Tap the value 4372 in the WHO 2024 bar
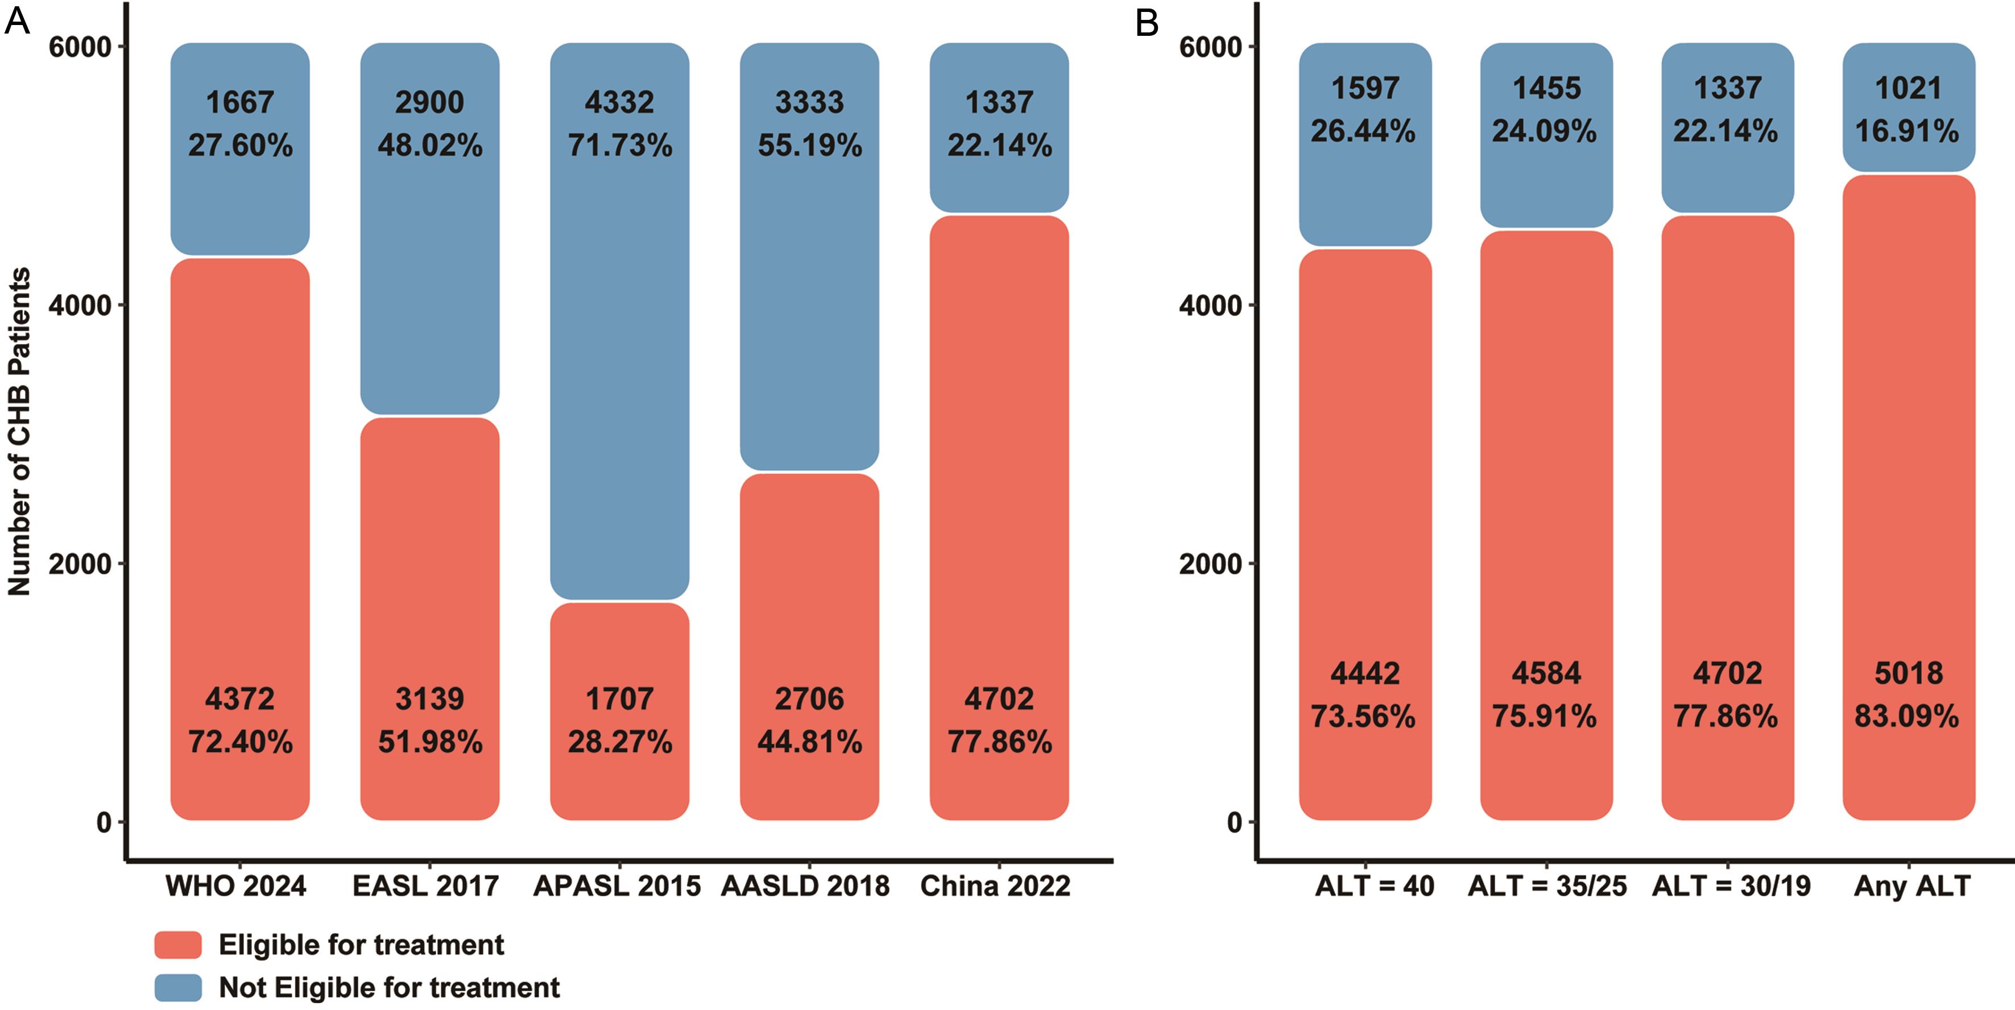(240, 698)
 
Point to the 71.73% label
(619, 146)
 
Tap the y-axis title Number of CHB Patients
(19, 432)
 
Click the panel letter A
(16, 22)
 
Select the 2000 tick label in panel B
(1210, 563)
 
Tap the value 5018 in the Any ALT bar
(1909, 673)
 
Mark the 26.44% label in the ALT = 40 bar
(1363, 131)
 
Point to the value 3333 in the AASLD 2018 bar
(810, 102)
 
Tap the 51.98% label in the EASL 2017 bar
(430, 742)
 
